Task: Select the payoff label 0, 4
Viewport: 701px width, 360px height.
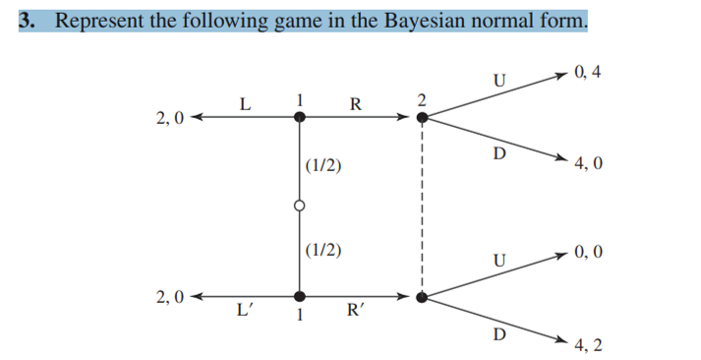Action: (590, 72)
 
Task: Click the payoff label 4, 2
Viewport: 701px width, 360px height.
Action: (591, 344)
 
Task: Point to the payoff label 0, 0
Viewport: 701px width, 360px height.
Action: (591, 252)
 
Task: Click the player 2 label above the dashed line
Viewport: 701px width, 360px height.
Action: (421, 100)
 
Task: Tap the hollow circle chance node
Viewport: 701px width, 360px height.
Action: (300, 206)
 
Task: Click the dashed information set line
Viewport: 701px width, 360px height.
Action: (422, 207)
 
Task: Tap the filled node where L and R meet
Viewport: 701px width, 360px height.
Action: (300, 117)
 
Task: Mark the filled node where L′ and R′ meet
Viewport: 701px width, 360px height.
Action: (300, 294)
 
